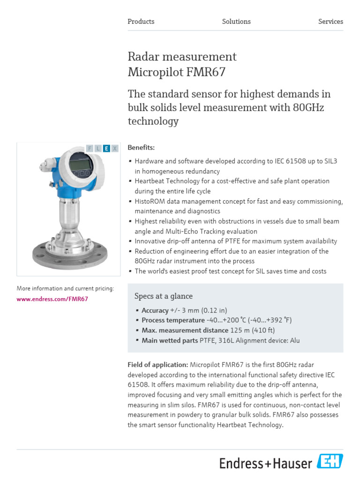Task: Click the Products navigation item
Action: pyautogui.click(x=141, y=22)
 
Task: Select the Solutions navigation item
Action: pyautogui.click(x=236, y=22)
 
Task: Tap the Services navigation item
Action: pyautogui.click(x=330, y=22)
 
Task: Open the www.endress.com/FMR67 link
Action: pyautogui.click(x=52, y=299)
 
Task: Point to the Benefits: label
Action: pyautogui.click(x=141, y=148)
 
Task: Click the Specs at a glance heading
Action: pyautogui.click(x=164, y=296)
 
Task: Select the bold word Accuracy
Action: pyautogui.click(x=155, y=310)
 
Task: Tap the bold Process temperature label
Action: pyautogui.click(x=173, y=320)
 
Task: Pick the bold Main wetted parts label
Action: pyautogui.click(x=170, y=341)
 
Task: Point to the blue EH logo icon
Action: pyautogui.click(x=330, y=462)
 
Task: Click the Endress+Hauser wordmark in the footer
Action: pyautogui.click(x=266, y=464)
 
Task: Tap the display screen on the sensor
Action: pyautogui.click(x=80, y=164)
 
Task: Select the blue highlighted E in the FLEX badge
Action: pyautogui.click(x=106, y=149)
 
